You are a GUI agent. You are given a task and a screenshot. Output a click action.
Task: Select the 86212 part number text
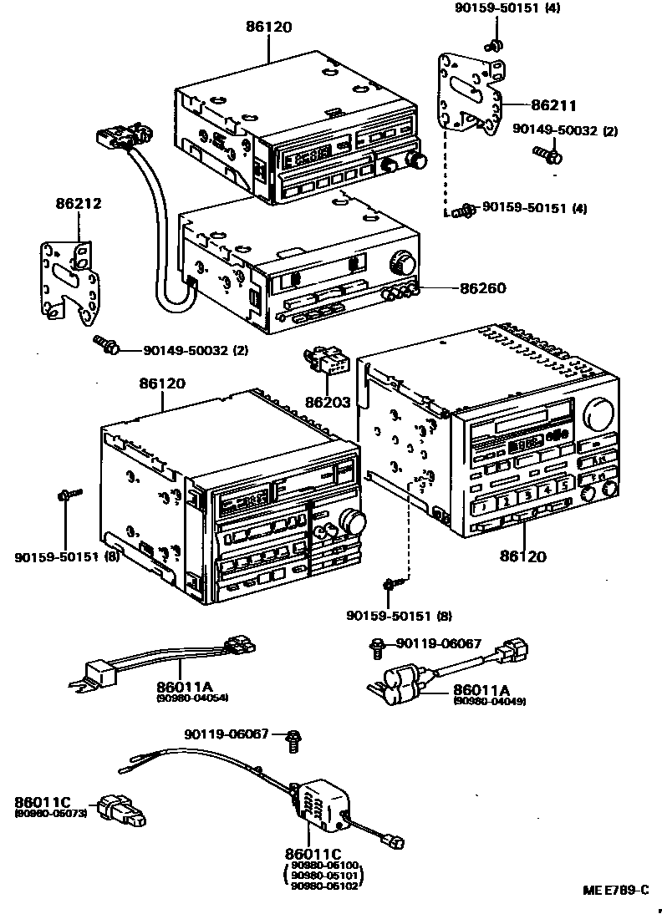tap(79, 202)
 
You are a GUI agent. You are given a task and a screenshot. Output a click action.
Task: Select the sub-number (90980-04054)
tap(192, 697)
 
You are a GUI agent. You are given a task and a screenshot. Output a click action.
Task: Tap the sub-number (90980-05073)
tap(50, 813)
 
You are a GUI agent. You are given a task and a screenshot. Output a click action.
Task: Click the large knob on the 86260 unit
tap(400, 264)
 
